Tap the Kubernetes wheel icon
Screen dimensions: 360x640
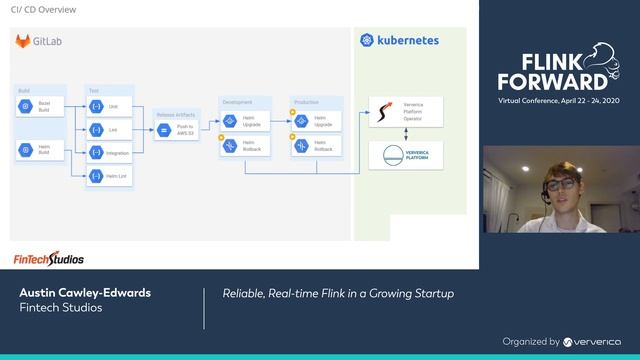(367, 41)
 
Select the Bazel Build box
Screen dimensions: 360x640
(39, 106)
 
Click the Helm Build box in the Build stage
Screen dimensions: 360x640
(39, 150)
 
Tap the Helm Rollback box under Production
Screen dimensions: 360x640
(315, 145)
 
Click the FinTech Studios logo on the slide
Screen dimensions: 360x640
(48, 259)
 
